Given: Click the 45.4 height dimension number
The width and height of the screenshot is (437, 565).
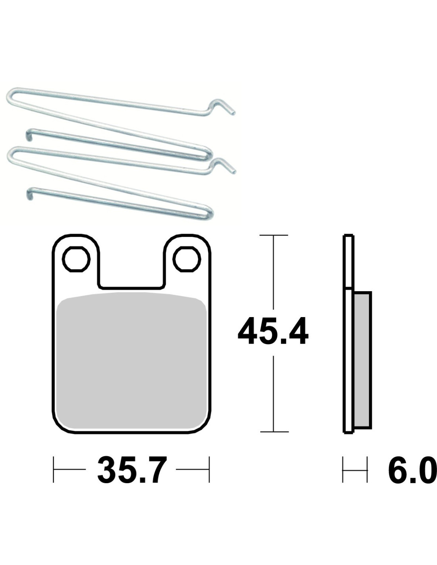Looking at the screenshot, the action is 273,331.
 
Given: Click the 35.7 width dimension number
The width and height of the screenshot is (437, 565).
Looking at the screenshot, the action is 131,470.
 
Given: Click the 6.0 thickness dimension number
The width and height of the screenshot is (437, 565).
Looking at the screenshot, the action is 412,469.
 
